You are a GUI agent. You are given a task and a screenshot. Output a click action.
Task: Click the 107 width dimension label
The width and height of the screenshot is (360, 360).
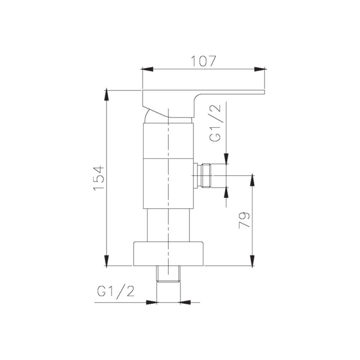tap(204, 61)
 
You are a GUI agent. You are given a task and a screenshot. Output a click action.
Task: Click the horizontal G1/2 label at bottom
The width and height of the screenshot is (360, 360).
tap(116, 291)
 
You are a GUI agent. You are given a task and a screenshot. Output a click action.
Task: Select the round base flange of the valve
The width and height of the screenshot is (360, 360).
tap(168, 253)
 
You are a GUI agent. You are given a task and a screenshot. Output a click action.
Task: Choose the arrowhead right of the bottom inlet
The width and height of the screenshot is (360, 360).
tap(186, 302)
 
